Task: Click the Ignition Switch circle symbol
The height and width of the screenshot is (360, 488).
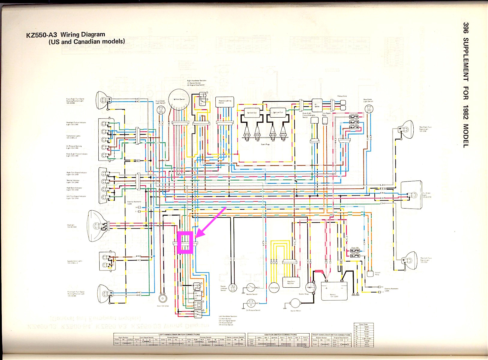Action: pyautogui.click(x=179, y=99)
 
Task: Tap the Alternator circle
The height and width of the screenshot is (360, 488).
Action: pyautogui.click(x=274, y=287)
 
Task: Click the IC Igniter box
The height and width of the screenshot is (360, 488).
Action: pyautogui.click(x=317, y=105)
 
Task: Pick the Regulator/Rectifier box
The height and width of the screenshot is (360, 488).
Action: pyautogui.click(x=291, y=282)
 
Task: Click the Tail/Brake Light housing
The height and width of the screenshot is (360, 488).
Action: pyautogui.click(x=412, y=195)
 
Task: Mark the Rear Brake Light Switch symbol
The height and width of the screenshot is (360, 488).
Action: pyautogui.click(x=369, y=109)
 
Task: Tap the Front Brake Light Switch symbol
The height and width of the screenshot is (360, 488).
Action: pyautogui.click(x=161, y=110)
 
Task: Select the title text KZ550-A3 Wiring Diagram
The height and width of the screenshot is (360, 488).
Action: pyautogui.click(x=66, y=35)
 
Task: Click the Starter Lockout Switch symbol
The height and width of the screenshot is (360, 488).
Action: pyautogui.click(x=233, y=288)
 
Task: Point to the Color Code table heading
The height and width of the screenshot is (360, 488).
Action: pyautogui.click(x=363, y=324)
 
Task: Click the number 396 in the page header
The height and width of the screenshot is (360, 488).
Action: pyautogui.click(x=466, y=28)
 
